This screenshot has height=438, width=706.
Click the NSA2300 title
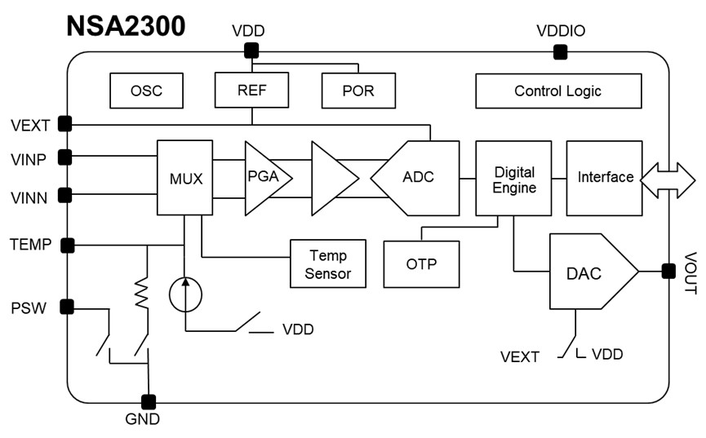click(x=126, y=24)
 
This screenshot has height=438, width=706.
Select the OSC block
click(x=146, y=91)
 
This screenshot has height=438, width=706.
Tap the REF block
click(x=251, y=90)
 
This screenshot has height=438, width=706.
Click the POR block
click(x=358, y=91)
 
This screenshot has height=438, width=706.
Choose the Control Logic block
click(x=557, y=91)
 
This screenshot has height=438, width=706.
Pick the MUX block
click(x=184, y=178)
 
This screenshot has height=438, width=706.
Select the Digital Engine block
click(x=513, y=178)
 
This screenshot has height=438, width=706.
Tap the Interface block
click(x=604, y=178)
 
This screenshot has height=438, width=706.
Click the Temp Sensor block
click(x=326, y=263)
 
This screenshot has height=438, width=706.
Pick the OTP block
click(x=421, y=264)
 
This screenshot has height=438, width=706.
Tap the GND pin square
click(x=148, y=401)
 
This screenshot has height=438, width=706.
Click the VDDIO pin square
click(x=560, y=52)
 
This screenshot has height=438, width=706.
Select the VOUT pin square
click(x=668, y=271)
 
